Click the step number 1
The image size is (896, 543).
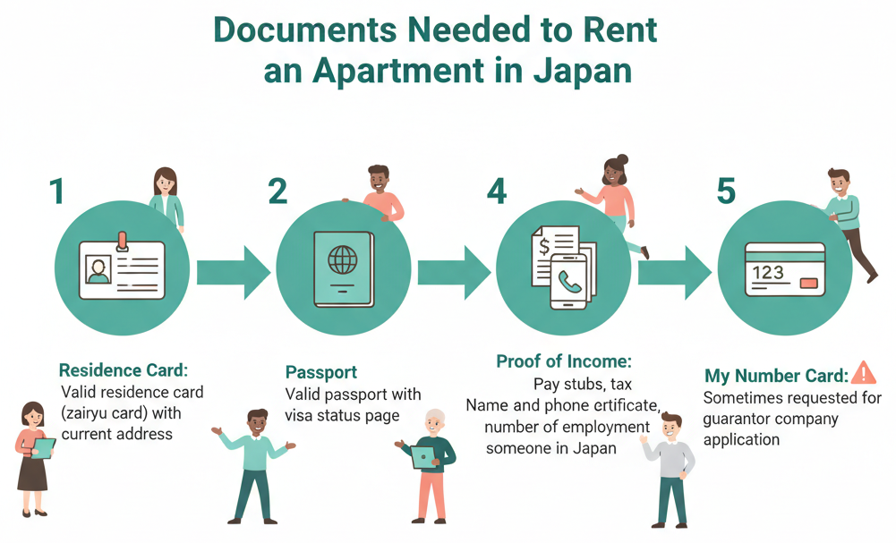57,191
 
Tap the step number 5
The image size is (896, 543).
726,191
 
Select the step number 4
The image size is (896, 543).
497,191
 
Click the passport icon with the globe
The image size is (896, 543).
343,267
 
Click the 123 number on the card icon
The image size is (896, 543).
768,272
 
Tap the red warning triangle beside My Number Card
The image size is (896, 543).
864,373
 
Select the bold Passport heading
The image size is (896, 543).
320,372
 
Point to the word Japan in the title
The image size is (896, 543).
583,71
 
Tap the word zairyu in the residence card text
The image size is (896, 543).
89,413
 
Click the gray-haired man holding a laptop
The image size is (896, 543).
431,464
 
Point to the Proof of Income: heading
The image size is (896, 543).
564,362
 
